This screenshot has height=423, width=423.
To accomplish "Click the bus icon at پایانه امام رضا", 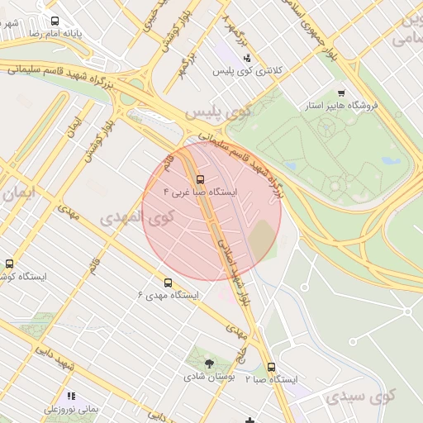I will tap(55, 21).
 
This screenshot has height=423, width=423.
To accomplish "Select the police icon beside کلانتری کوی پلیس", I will tap(247, 58).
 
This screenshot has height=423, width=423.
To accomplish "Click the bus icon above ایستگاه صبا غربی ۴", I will tap(200, 178).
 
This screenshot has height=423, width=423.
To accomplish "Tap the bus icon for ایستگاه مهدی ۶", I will tap(169, 282).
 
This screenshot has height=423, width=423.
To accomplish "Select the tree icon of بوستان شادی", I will tap(209, 363).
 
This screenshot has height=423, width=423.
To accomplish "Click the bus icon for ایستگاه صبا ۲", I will tap(271, 367).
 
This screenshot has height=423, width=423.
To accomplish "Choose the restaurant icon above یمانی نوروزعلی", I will tap(70, 396).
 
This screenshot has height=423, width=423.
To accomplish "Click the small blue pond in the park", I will tap(387, 161).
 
